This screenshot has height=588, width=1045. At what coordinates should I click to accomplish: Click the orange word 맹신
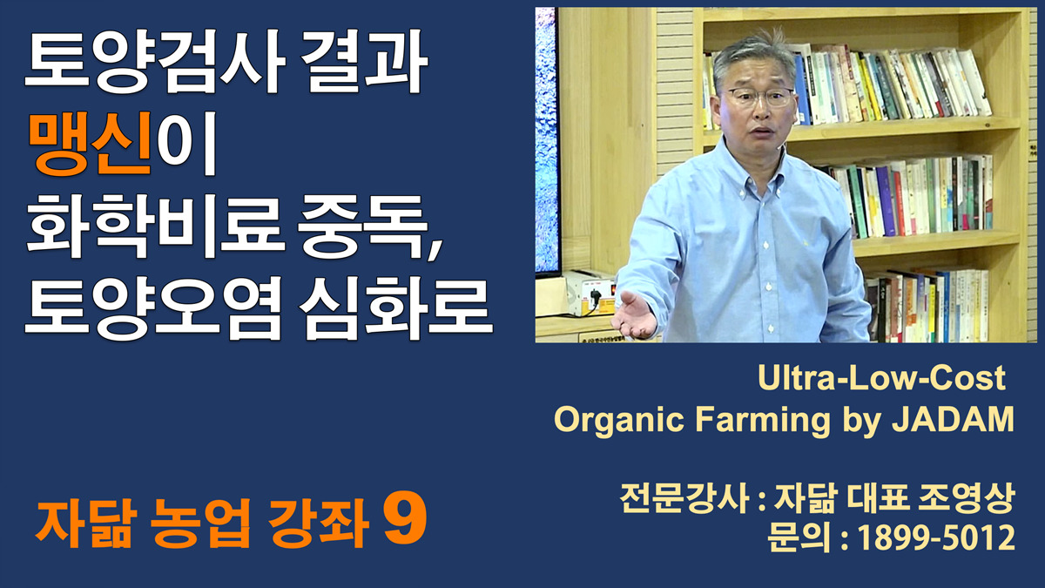pos(91,143)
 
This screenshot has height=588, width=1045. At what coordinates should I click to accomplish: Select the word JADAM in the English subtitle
pos(953,420)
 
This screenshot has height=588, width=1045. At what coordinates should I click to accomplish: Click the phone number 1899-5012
pos(936,537)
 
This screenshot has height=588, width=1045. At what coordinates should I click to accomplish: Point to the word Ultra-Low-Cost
pos(881,377)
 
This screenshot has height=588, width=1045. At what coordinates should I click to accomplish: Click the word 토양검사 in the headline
pos(155,61)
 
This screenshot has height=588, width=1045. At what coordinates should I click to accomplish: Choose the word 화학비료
pos(155,226)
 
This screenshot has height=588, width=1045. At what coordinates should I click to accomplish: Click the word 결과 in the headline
pos(364,61)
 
